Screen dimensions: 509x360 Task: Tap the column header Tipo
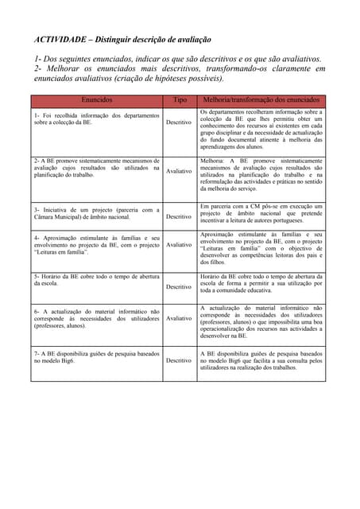(x=180, y=101)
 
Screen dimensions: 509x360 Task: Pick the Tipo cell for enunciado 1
(x=179, y=122)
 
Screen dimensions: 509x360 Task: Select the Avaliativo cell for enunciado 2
(x=179, y=171)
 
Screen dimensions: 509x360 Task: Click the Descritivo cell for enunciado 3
(x=179, y=216)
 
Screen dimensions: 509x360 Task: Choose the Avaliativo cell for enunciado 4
(x=179, y=245)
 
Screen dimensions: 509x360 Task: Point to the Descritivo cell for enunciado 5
(x=179, y=286)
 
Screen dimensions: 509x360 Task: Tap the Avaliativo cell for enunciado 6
(x=179, y=318)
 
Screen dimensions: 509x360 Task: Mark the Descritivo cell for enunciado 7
(x=179, y=360)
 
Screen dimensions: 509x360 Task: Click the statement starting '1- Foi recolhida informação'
(x=96, y=119)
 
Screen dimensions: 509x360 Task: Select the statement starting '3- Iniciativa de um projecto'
(x=96, y=212)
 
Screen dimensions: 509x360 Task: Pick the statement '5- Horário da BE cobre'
(x=96, y=279)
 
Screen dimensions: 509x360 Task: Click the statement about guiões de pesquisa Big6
(x=96, y=356)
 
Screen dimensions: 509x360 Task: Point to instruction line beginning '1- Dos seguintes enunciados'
(x=178, y=59)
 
